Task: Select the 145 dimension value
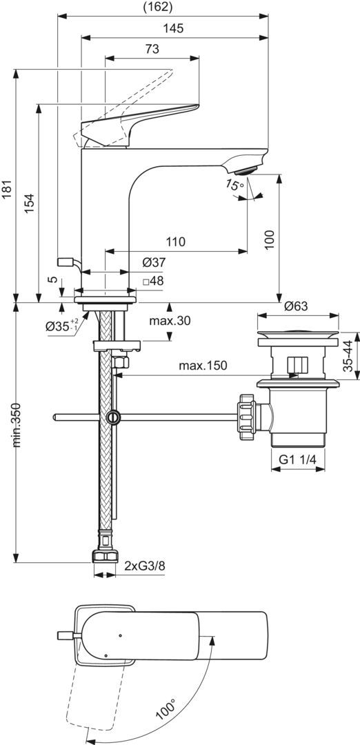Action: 174,28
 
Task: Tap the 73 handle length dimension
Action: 152,49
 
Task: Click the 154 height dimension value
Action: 30,203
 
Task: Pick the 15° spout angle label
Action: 234,186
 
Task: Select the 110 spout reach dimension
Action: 176,242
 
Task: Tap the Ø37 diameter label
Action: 152,262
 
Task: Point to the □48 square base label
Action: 153,281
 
